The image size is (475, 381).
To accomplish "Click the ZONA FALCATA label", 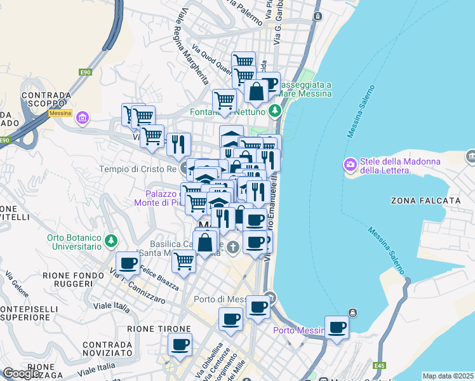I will tap(426, 201).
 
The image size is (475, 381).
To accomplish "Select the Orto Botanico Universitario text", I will tap(74, 242).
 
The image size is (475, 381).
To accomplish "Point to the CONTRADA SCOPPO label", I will tap(46, 100).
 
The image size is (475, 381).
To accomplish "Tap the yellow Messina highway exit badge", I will tap(60, 112).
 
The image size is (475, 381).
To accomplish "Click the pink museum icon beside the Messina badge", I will tap(82, 118).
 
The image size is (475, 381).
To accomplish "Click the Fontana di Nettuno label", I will tap(227, 112).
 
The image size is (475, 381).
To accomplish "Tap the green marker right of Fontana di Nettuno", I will tap(274, 112).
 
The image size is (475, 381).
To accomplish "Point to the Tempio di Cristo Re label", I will tap(137, 170).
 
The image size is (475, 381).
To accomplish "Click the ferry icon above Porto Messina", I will tap(352, 313).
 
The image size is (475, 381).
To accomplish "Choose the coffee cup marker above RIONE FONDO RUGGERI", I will tap(128, 263).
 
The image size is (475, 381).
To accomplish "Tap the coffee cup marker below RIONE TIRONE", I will tap(180, 345).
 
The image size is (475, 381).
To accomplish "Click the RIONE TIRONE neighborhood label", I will tap(159, 329).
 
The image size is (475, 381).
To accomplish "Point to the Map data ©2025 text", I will tap(447, 376).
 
